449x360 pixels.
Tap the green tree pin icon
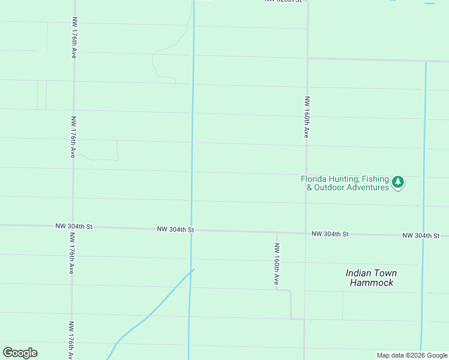[x=397, y=182]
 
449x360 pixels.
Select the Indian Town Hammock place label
[x=371, y=278]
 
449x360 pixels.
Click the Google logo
[x=20, y=353]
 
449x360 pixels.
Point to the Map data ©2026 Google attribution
[x=412, y=355]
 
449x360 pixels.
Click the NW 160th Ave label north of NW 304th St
[x=306, y=117]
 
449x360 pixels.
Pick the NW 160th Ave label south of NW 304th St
[x=277, y=263]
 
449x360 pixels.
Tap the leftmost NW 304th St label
[x=74, y=226]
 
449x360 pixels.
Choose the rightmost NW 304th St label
[x=421, y=236]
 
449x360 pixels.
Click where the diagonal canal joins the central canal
[x=192, y=270]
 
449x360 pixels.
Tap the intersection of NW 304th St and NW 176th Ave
[x=73, y=226]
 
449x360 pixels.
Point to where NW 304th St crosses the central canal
[x=191, y=230]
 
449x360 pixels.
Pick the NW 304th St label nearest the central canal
[x=175, y=229]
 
